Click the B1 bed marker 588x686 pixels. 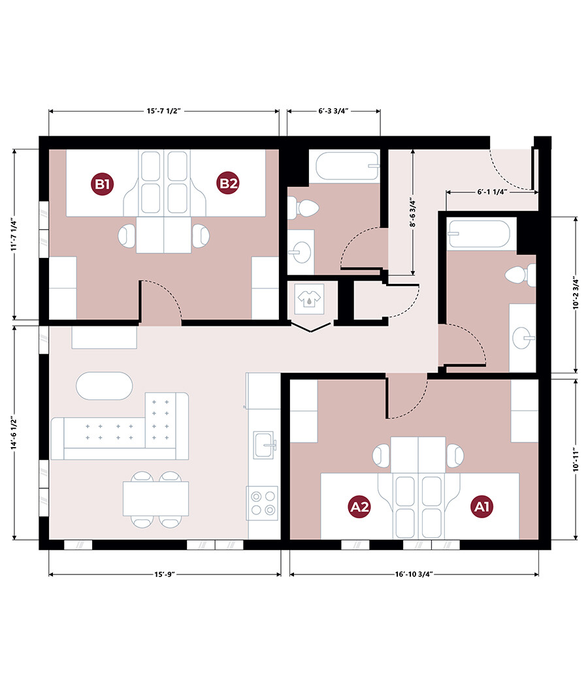pos(103,184)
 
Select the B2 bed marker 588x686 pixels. pos(228,183)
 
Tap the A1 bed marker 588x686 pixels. pos(482,507)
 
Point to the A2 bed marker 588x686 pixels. pos(359,507)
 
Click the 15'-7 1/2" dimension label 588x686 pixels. pos(164,111)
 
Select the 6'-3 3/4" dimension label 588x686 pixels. pos(333,111)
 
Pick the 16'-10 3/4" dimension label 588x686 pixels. pos(414,574)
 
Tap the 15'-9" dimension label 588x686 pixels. pos(164,574)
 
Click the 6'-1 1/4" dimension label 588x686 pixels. pos(492,192)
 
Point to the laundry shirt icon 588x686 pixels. pos(309,299)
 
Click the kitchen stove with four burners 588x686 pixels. pos(262,503)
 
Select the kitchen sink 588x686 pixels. pos(265,444)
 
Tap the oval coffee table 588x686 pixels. pos(104,386)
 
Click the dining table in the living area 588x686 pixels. pos(156,499)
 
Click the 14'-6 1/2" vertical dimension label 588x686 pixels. pos(15,432)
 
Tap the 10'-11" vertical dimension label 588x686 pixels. pos(576,460)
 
